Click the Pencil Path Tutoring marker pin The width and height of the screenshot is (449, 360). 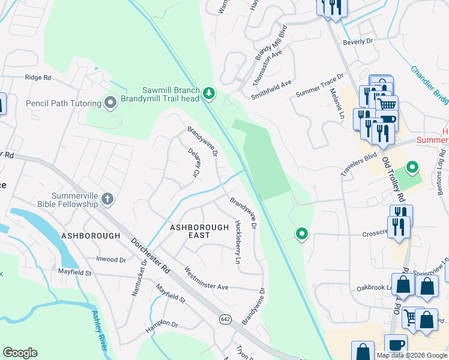pyautogui.click(x=110, y=103)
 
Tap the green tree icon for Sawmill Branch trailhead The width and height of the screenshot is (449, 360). pyautogui.click(x=209, y=92)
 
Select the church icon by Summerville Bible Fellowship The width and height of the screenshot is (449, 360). pyautogui.click(x=107, y=199)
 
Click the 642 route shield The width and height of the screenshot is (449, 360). pyautogui.click(x=224, y=319)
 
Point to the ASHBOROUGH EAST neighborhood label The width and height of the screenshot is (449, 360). pyautogui.click(x=199, y=231)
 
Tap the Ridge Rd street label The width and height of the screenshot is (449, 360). pyautogui.click(x=38, y=77)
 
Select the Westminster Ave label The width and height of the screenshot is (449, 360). pyautogui.click(x=206, y=278)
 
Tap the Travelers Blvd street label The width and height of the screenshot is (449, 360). pyautogui.click(x=358, y=164)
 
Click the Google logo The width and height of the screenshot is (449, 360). pyautogui.click(x=20, y=353)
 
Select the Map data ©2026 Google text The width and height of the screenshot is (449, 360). pyautogui.click(x=412, y=355)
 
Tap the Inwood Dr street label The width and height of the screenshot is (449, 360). pyautogui.click(x=111, y=260)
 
